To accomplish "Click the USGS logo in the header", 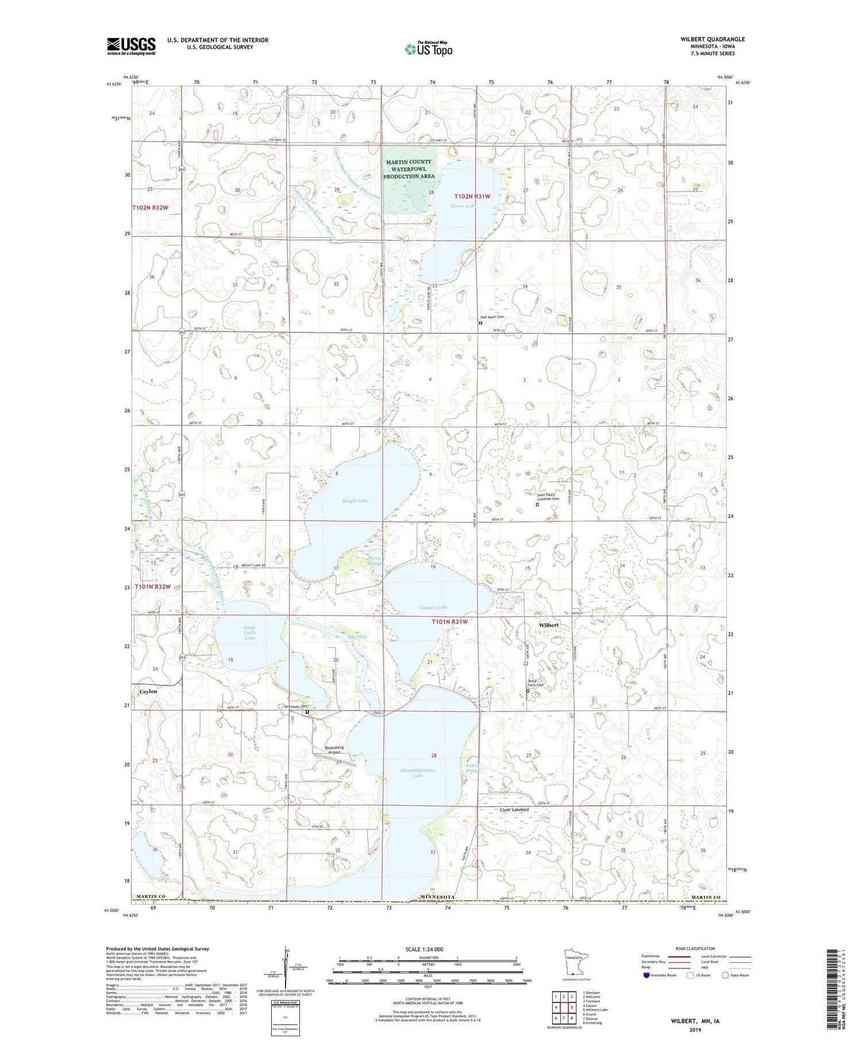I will point(131,46).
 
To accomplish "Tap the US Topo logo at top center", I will point(429,49).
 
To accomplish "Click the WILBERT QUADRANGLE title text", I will point(712,39).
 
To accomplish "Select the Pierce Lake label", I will point(463,205).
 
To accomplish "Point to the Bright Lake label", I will point(355,501).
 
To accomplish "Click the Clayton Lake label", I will point(433,607).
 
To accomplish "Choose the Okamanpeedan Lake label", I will point(418,772).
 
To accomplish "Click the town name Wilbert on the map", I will point(548,625).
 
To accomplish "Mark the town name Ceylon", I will point(148,691).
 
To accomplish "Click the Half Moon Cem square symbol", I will point(480,323).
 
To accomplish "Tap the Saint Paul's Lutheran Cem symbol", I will point(537,505).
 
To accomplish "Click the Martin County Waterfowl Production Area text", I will point(409,169).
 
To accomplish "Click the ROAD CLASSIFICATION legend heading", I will point(695,948).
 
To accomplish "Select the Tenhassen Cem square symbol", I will point(307,712).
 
